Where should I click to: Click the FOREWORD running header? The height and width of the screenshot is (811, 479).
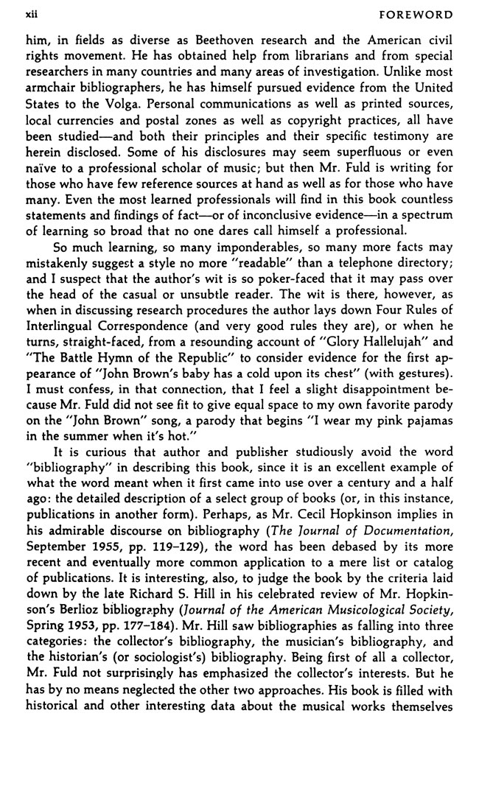click(x=430, y=13)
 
